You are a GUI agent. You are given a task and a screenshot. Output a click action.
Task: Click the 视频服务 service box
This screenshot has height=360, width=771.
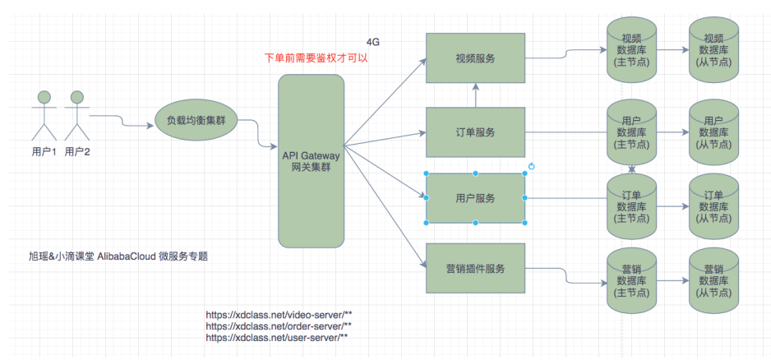[x=475, y=58]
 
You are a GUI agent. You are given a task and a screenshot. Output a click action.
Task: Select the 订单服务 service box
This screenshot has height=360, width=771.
[x=475, y=132]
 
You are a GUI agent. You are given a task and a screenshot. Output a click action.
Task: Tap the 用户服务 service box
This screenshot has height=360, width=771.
[x=475, y=198]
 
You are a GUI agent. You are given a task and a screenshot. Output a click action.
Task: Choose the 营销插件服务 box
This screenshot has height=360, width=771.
[x=475, y=269]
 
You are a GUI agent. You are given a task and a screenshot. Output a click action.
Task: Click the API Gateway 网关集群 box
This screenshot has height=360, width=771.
[x=311, y=161]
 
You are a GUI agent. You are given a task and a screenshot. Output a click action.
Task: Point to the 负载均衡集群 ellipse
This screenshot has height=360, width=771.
[x=196, y=121]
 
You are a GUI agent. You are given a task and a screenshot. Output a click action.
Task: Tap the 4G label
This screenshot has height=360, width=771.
[x=373, y=41]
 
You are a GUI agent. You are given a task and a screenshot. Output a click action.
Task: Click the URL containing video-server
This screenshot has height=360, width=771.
[x=279, y=315]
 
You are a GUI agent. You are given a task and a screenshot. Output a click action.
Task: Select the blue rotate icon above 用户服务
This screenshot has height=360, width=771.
[x=532, y=167]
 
